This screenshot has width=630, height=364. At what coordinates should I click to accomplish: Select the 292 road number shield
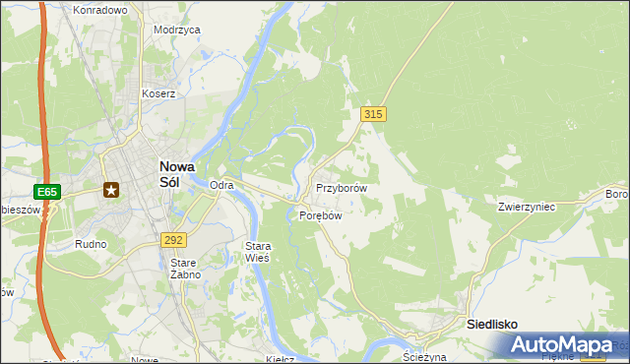172,239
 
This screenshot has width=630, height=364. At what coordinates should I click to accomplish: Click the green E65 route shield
47,191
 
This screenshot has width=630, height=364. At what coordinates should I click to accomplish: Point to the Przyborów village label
342,188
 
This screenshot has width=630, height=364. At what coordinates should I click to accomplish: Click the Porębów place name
320,216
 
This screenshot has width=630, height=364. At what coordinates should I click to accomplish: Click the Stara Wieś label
257,251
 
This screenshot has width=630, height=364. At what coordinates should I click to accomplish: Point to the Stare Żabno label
185,269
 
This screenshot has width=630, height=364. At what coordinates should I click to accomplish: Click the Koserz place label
157,94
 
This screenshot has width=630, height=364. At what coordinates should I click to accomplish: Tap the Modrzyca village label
177,30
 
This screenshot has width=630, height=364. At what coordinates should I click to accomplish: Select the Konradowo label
100,10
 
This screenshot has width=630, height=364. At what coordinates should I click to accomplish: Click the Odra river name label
222,185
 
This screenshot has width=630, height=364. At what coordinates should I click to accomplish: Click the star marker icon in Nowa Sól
112,189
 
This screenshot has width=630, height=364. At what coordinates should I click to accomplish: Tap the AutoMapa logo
562,344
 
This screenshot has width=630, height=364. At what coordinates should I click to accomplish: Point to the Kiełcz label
282,359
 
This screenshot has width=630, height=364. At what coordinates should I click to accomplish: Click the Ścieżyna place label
425,357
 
